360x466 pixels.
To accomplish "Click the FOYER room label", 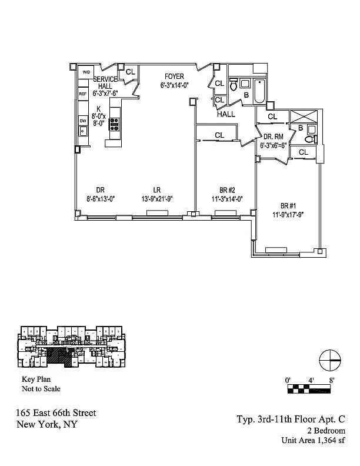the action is click(174, 76).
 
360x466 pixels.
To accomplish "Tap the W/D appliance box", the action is click(86, 72).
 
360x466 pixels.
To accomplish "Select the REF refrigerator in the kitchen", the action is click(83, 94).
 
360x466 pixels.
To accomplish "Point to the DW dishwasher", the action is click(83, 121).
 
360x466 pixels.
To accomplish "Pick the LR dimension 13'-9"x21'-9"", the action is click(157, 199).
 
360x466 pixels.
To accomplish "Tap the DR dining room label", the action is click(100, 190).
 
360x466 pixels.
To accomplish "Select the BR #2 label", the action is click(227, 190).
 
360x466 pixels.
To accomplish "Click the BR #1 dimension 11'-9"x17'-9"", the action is click(288, 214).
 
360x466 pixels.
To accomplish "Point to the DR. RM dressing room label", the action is click(274, 137).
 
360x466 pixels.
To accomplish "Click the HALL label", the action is click(226, 114).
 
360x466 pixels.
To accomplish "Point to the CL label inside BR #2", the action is click(219, 135).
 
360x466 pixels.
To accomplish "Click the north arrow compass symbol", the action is click(330, 360).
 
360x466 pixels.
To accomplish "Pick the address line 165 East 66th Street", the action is click(56, 414).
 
